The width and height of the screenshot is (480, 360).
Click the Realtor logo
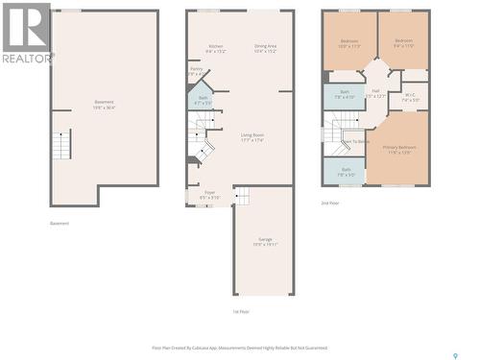pos(25,33)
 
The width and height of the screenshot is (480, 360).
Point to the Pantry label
pos(196,69)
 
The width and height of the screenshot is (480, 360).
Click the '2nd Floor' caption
pos(329,203)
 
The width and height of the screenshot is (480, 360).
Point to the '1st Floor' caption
pos(241,312)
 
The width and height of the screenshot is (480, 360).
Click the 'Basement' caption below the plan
pos(60,224)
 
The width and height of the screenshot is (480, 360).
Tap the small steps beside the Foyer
pos(242,196)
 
